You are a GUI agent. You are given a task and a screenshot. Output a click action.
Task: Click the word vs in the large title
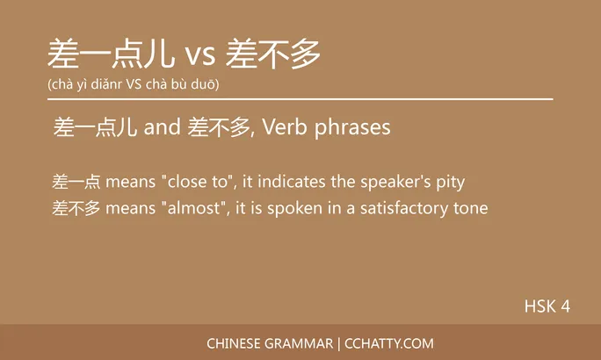(x=199, y=56)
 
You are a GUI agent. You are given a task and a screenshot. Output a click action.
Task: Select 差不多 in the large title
(x=273, y=55)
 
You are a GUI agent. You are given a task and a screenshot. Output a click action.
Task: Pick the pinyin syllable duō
(x=205, y=84)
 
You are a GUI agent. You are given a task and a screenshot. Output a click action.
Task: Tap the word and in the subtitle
(x=162, y=128)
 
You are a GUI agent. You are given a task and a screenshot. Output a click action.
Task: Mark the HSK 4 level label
(x=547, y=306)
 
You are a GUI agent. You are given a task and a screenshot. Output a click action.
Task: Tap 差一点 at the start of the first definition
(x=76, y=183)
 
